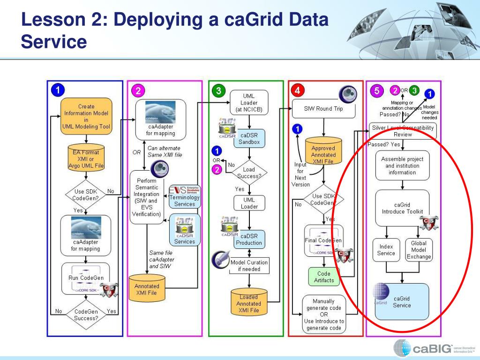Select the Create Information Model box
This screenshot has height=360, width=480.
86,116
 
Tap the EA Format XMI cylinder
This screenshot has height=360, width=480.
86,158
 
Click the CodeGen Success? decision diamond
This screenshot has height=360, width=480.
86,315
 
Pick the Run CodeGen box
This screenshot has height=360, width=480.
86,277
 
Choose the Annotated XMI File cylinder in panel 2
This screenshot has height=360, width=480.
147,288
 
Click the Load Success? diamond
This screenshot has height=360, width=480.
248,172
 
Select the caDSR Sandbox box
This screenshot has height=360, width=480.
249,138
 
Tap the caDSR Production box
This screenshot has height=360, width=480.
249,239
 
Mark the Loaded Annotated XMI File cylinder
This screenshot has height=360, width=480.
248,302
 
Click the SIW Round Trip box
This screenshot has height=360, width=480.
323,109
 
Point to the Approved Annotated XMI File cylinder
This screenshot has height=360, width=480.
323,152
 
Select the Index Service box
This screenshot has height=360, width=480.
386,250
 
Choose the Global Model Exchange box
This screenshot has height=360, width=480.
419,250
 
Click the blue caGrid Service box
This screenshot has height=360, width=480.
402,301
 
